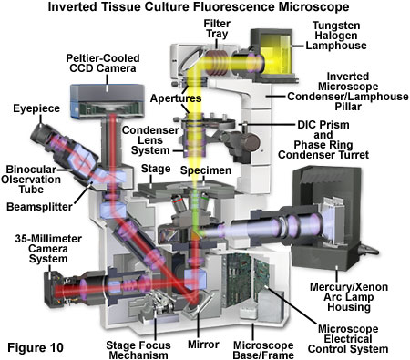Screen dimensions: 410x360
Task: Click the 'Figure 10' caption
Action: coord(36,347)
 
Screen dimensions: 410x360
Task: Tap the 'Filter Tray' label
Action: coord(217,28)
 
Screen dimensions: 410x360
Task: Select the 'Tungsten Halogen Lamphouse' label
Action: coord(336,36)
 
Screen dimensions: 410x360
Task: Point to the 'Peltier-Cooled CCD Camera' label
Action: coord(103,63)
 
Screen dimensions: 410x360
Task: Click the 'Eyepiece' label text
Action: coord(36,108)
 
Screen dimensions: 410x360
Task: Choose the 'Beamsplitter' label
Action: coord(39,207)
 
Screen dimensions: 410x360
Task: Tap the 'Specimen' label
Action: coord(206,170)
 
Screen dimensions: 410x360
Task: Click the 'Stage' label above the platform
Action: coord(156,169)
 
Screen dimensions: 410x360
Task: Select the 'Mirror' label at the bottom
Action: coord(203,345)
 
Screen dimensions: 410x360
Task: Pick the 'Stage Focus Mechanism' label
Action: coord(138,350)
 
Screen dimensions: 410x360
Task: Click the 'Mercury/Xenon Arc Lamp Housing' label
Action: coord(349,297)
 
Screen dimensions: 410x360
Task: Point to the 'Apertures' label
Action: coord(176,98)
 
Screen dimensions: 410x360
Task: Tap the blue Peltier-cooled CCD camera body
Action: coord(108,100)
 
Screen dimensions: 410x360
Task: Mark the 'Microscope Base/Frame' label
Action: coord(263,350)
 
